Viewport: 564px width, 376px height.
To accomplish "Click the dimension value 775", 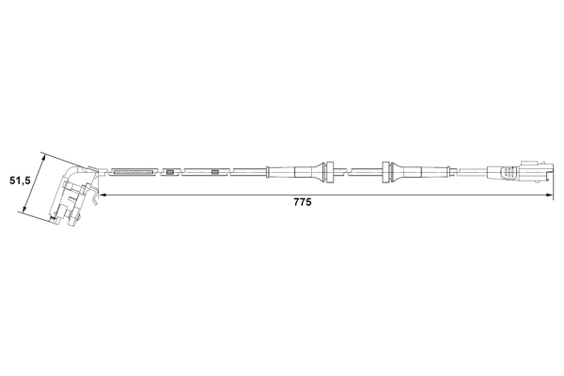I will [302, 202].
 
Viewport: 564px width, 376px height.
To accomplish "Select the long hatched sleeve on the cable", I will [133, 171].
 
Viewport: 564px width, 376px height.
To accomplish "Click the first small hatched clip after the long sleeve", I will [169, 171].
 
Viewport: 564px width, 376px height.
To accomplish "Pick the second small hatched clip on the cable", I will [215, 171].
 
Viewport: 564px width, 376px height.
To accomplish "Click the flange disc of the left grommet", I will [330, 170].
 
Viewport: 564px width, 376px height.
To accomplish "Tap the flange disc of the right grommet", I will [386, 170].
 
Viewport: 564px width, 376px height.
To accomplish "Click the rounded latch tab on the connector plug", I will [509, 173].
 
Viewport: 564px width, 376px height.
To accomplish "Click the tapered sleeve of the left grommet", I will [308, 171].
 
